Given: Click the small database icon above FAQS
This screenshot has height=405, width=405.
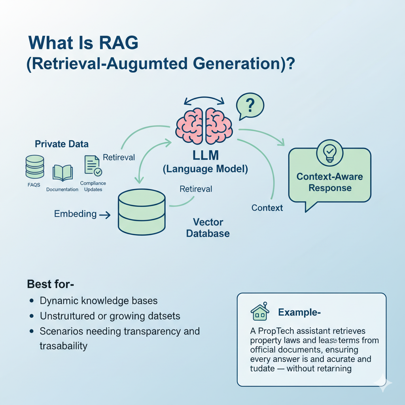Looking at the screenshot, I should (34, 167).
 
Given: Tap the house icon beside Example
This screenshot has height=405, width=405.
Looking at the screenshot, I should (260, 312).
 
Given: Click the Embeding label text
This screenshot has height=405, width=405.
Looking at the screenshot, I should (75, 214).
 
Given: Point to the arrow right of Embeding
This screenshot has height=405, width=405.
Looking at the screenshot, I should (105, 215).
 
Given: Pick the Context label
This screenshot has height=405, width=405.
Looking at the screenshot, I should (267, 208).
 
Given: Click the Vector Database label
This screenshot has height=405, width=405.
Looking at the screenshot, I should (208, 227).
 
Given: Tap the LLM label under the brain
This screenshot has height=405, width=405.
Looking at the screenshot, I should (205, 155).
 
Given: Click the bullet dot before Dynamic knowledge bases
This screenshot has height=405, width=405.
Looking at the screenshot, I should (31, 301).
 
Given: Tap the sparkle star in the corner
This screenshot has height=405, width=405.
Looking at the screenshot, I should (384, 383).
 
